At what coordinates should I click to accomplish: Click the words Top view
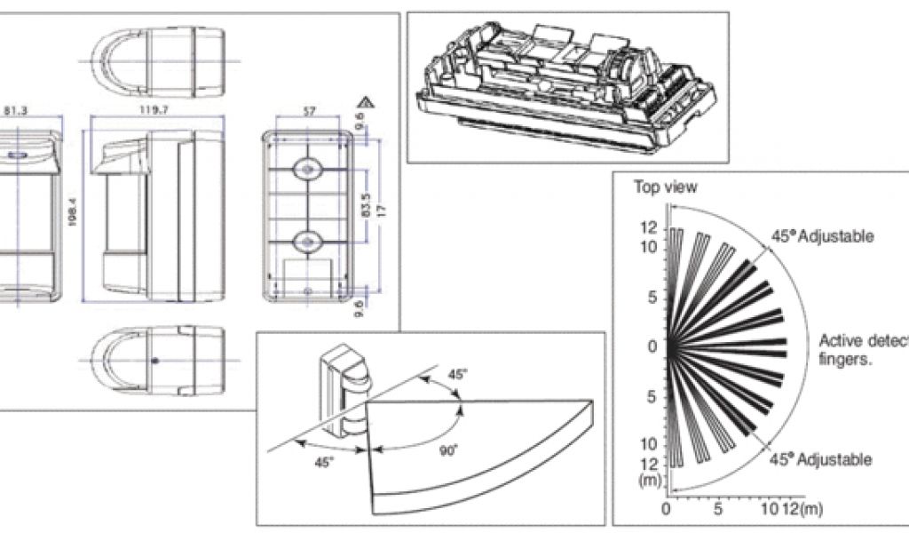point(665,187)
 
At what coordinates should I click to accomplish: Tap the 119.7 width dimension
point(154,112)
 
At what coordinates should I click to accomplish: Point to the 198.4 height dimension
point(72,213)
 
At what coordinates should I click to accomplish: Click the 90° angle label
point(448,450)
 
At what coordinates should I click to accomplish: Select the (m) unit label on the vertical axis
point(649,480)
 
